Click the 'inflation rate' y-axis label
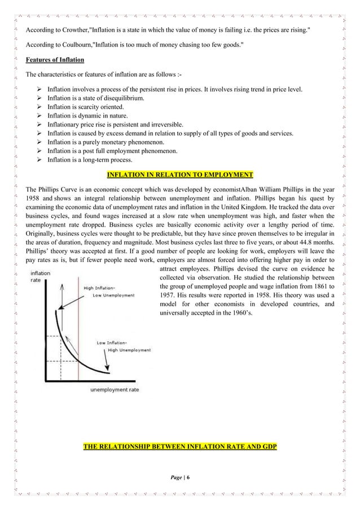pyautogui.click(x=40, y=277)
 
